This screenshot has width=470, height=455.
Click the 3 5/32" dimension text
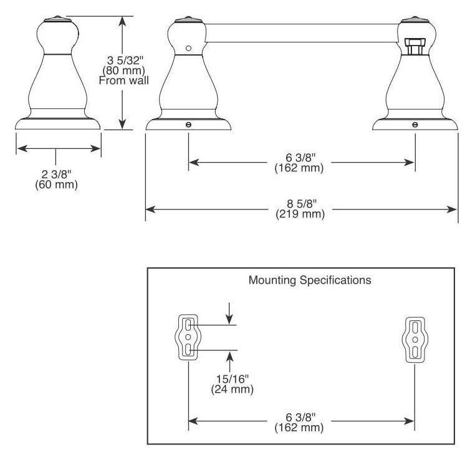[x=124, y=60]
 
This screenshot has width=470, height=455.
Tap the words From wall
[x=124, y=80]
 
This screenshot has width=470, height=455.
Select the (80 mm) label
[x=124, y=70]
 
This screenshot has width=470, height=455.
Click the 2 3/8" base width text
[x=56, y=174]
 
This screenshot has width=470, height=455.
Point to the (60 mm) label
[x=56, y=184]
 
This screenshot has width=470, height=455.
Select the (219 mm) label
[x=300, y=214]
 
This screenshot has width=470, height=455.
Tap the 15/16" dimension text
[x=233, y=379]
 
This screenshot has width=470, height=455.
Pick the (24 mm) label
[x=233, y=389]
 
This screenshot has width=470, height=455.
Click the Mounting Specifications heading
[x=310, y=280]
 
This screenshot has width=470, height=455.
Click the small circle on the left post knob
[x=188, y=48]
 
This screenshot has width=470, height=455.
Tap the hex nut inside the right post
[x=415, y=46]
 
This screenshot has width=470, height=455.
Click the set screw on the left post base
[x=188, y=125]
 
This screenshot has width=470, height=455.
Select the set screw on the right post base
[x=415, y=125]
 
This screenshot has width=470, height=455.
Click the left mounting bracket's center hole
[x=188, y=337]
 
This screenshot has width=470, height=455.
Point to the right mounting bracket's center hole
[x=415, y=340]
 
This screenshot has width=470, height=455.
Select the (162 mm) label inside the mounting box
[x=299, y=427]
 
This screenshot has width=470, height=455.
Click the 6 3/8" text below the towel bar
[x=300, y=158]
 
